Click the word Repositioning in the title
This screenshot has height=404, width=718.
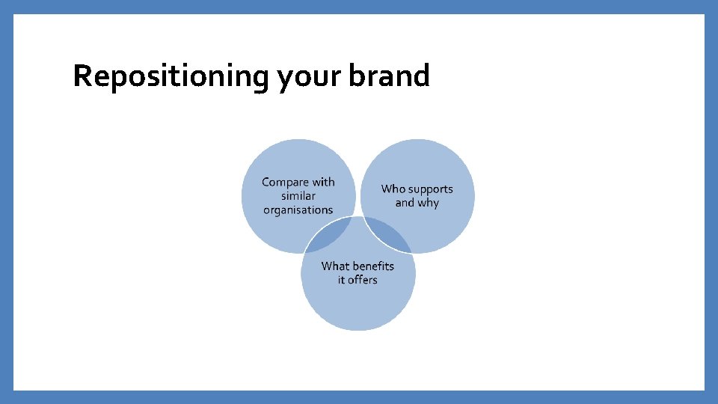point(171,76)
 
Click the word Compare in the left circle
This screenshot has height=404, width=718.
point(284,183)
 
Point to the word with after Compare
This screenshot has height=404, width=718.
point(322,182)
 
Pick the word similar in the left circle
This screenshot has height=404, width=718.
point(298,196)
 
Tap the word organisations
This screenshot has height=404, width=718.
point(298,210)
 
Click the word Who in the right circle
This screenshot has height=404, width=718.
point(393,189)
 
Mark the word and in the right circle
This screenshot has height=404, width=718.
point(405,203)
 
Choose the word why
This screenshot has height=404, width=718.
point(429,203)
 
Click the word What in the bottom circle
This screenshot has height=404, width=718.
point(335,266)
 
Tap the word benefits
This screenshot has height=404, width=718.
point(373,266)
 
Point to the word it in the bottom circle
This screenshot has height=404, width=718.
point(342,281)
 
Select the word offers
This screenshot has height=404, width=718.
point(363,281)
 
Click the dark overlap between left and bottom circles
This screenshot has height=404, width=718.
point(329,234)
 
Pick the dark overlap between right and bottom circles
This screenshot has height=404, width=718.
point(387,234)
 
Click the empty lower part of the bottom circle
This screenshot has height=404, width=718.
point(358,310)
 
